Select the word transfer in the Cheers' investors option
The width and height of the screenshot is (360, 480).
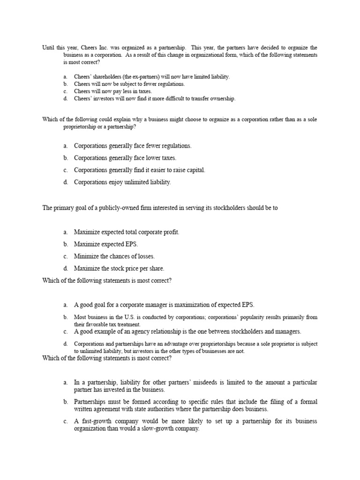coord(190,98)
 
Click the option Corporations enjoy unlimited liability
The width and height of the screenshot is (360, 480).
coord(122,182)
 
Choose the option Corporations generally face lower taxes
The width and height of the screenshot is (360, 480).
coord(125,158)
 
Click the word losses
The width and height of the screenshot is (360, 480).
coord(145,256)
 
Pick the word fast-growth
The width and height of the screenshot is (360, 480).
coord(95,421)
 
